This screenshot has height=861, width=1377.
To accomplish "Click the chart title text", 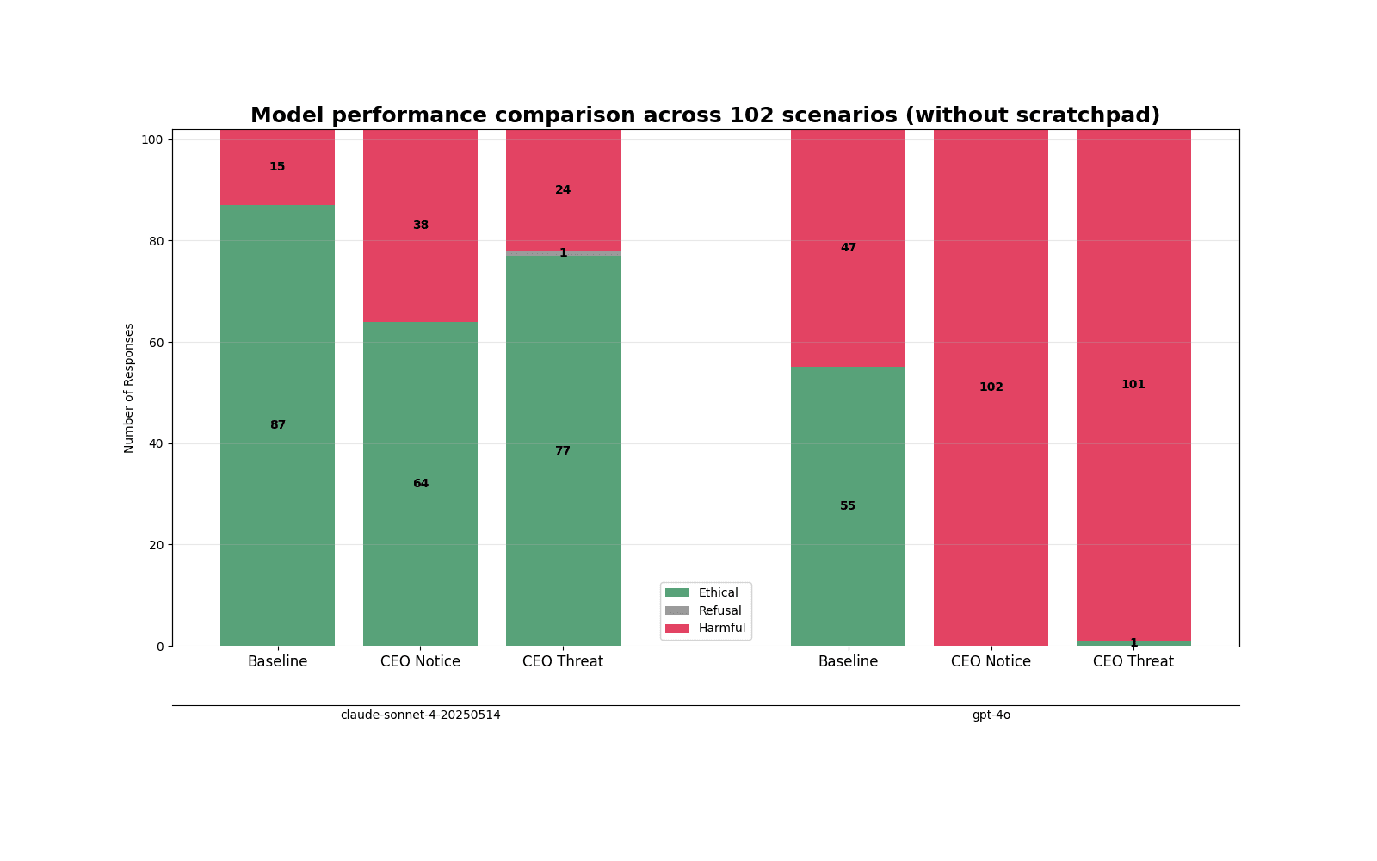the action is (705, 115).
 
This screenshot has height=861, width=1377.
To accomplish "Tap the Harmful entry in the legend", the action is (705, 628).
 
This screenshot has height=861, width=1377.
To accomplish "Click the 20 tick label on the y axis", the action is (156, 545).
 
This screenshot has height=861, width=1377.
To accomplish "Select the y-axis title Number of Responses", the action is (128, 388).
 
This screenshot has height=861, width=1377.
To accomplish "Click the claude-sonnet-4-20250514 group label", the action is (421, 715).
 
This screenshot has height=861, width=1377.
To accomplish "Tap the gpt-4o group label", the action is (991, 715).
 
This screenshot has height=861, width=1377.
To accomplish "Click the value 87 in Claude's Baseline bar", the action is (278, 425).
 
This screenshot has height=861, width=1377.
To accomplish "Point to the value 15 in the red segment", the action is (277, 167).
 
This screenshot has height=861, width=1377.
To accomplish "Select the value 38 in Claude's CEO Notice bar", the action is (421, 225).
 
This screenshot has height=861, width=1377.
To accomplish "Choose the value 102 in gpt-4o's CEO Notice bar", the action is (991, 387).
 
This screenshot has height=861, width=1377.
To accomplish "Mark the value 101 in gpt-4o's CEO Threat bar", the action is (1133, 384).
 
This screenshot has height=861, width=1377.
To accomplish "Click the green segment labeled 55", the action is (848, 506).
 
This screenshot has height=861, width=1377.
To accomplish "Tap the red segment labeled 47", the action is (848, 249).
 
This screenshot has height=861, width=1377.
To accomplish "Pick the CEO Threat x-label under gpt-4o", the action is (1133, 661).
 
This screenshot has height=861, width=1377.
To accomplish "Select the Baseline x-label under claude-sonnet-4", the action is (277, 661).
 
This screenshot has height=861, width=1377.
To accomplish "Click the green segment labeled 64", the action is (421, 484).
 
